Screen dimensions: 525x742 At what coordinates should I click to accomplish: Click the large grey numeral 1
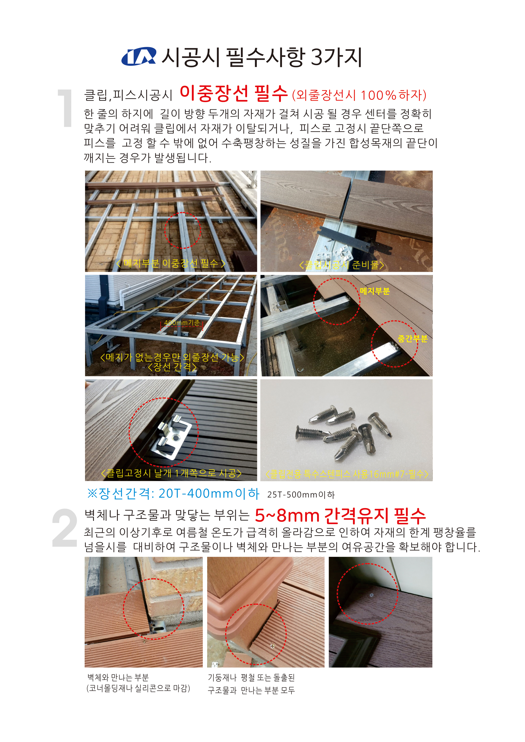tap(66, 108)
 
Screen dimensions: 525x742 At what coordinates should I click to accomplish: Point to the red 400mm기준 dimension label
tap(182, 323)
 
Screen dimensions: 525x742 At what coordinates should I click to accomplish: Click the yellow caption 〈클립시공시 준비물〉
tap(342, 265)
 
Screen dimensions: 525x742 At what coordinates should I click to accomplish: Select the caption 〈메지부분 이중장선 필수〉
tap(171, 263)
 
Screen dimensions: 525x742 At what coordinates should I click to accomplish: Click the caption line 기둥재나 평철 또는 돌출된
tap(251, 678)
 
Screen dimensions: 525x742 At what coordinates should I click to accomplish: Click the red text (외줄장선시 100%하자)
tap(359, 95)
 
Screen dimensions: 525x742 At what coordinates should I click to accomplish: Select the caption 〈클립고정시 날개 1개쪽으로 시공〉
tap(171, 474)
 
